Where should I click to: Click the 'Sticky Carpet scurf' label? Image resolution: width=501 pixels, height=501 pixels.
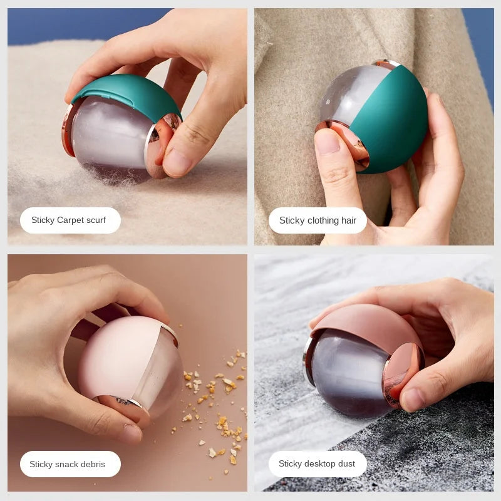click(69, 220)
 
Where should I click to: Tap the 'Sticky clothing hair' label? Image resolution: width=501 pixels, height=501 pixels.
click(318, 220)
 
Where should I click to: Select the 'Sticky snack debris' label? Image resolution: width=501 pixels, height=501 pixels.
click(68, 465)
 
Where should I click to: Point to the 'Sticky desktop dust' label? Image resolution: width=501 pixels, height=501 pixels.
click(317, 464)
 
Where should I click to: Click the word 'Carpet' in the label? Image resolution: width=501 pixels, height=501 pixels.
click(70, 220)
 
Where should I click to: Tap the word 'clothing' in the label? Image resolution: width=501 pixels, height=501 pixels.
click(323, 220)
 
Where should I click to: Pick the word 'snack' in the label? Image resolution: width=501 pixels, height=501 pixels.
click(70, 465)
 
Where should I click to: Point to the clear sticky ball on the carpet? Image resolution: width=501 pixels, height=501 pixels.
click(110, 138)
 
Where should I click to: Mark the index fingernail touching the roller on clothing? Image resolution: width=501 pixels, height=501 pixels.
click(326, 142)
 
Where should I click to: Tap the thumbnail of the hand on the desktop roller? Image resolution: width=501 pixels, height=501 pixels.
click(413, 399)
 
